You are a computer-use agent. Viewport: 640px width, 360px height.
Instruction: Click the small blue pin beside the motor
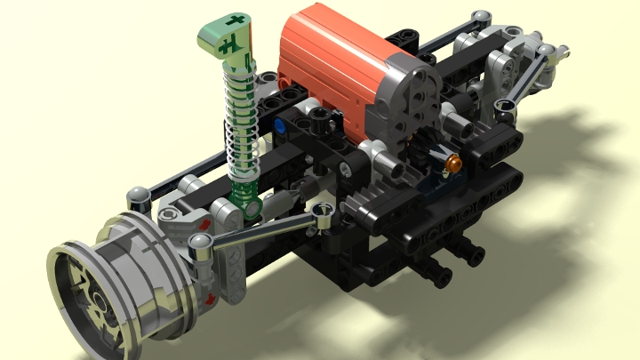(x=281, y=127)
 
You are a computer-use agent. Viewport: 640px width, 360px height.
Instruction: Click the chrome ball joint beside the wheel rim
(x=200, y=241)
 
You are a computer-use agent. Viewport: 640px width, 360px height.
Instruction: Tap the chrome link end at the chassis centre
(x=322, y=211)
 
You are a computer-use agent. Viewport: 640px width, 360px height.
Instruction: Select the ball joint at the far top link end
(x=481, y=17)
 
